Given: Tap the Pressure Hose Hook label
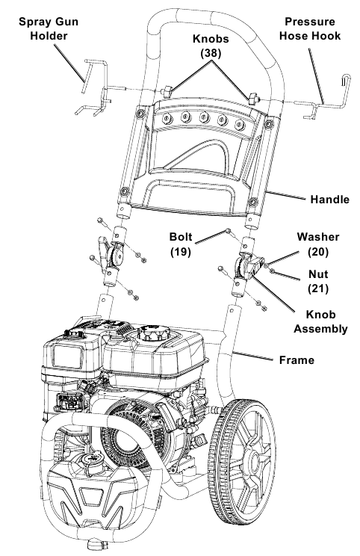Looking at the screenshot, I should click(312, 29).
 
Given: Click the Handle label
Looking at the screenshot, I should click(329, 200).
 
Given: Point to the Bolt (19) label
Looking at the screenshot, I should click(181, 244).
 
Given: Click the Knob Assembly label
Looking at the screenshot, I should click(320, 320).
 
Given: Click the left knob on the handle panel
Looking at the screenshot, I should click(169, 91).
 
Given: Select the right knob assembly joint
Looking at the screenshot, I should click(247, 268).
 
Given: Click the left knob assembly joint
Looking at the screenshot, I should click(114, 258).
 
